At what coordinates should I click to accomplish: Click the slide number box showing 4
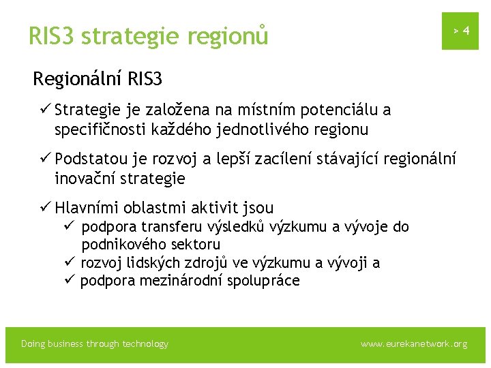coord(460,31)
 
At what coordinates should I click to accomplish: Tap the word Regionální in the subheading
coord(78,80)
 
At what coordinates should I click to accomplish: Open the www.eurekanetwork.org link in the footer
coord(413,344)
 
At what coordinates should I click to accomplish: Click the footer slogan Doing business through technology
coord(95,344)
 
